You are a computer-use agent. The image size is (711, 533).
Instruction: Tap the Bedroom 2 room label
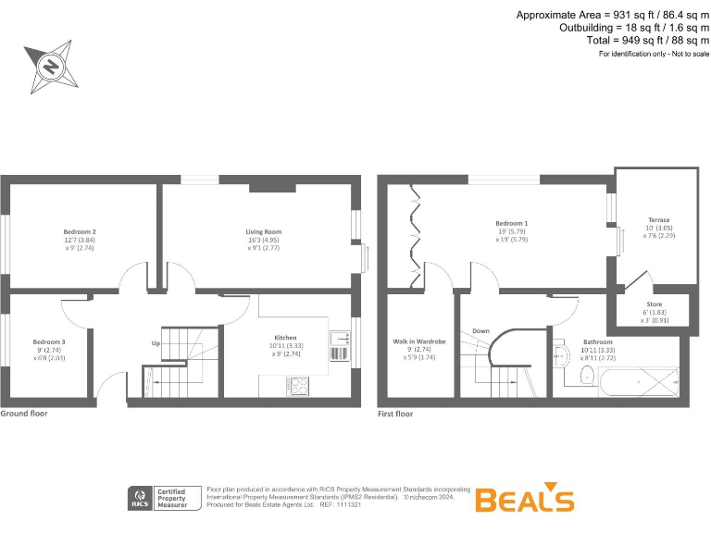click(81, 231)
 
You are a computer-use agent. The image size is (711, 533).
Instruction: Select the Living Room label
click(263, 231)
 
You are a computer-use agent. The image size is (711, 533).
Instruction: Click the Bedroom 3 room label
click(49, 341)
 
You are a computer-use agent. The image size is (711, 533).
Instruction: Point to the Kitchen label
click(285, 338)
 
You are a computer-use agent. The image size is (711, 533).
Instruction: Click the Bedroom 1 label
click(512, 224)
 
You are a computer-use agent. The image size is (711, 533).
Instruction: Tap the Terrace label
click(658, 220)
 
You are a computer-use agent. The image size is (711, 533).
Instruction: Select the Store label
click(654, 304)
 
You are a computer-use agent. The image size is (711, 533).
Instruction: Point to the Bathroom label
click(597, 342)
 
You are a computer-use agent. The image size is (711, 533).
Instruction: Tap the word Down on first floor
click(480, 330)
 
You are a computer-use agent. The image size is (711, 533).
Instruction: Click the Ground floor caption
click(24, 414)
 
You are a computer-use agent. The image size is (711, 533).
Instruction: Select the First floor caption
click(395, 414)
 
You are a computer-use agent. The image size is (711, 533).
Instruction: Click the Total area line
click(648, 41)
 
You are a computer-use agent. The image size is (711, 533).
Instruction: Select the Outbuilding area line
click(634, 28)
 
